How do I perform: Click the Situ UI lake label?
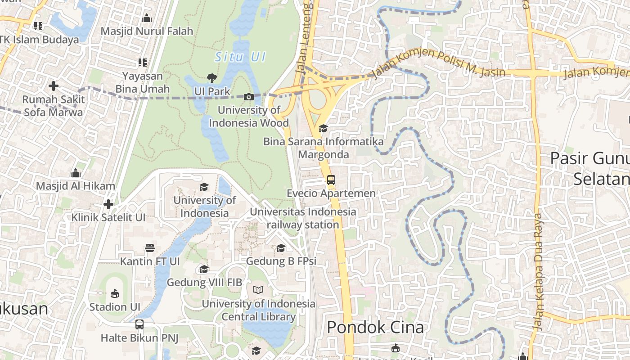click(x=240, y=57)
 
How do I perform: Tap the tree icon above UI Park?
click(x=211, y=78)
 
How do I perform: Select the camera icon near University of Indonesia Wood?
click(x=248, y=97)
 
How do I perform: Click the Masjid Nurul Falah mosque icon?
click(x=146, y=18)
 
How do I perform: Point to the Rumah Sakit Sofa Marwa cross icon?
click(x=54, y=85)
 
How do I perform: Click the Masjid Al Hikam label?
click(x=76, y=186)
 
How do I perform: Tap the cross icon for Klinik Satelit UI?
click(x=108, y=204)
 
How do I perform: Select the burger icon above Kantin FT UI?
click(x=150, y=248)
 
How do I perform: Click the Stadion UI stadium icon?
click(x=114, y=294)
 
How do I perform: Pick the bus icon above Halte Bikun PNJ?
click(x=139, y=324)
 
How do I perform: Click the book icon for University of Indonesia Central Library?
click(x=258, y=290)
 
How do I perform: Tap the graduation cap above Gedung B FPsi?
click(x=281, y=248)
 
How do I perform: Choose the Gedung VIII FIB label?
click(x=204, y=283)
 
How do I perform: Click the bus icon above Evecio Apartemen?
click(x=331, y=180)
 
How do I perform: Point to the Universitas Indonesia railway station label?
click(x=303, y=218)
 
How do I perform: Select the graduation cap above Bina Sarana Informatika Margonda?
click(x=323, y=129)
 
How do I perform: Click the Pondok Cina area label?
click(x=375, y=327)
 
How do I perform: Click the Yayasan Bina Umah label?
click(x=143, y=82)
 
